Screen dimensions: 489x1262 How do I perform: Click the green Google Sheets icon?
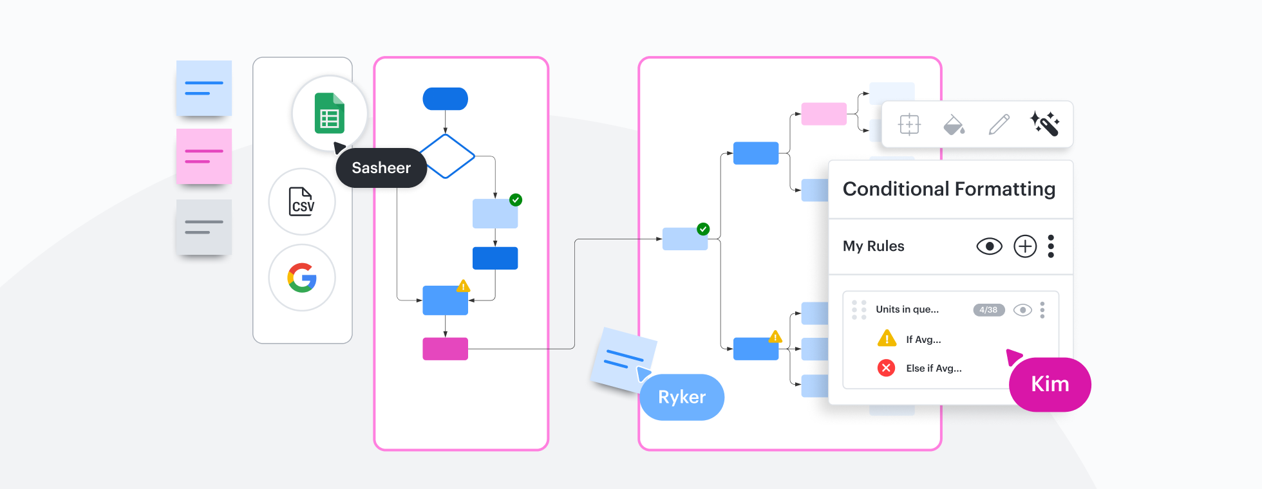(x=330, y=113)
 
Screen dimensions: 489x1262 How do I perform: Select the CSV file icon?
(x=302, y=201)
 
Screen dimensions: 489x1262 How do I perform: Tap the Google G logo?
(x=302, y=278)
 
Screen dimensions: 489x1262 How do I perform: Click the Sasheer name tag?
(x=381, y=168)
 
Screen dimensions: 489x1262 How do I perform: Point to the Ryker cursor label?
(x=682, y=397)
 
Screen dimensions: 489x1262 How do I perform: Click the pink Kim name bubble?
(x=1050, y=384)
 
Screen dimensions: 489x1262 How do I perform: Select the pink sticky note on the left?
(x=204, y=156)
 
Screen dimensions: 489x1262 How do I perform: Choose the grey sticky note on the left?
(x=204, y=227)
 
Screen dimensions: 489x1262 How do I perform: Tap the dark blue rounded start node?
(x=445, y=99)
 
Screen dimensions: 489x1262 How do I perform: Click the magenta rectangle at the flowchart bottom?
(x=445, y=349)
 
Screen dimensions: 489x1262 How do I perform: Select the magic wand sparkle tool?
(x=1044, y=124)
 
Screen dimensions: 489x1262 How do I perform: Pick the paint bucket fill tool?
(x=954, y=124)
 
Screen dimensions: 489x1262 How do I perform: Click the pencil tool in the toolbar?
(x=999, y=124)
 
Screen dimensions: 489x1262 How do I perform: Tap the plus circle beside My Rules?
(x=1025, y=246)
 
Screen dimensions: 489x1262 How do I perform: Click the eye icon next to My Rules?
(x=989, y=246)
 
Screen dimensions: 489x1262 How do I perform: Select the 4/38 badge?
(x=988, y=310)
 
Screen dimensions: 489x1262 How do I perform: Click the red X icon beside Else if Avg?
(x=887, y=368)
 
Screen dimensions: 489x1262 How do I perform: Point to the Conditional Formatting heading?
(x=948, y=189)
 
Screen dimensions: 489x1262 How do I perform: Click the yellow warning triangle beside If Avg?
(x=887, y=338)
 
